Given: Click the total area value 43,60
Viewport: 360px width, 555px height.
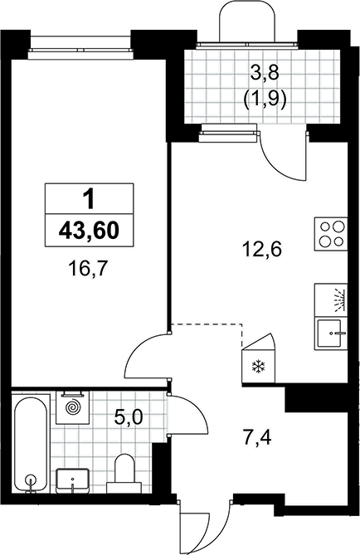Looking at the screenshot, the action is [89, 231].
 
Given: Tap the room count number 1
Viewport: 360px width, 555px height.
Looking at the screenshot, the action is [89, 199].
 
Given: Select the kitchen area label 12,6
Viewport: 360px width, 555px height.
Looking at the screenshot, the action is [261, 250].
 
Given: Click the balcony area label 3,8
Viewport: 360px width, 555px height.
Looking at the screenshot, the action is [265, 74].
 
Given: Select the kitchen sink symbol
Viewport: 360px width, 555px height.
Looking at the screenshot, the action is [331, 333].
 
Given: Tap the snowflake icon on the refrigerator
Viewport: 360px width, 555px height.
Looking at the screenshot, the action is [259, 367].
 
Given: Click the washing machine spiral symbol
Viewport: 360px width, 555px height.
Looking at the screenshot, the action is [72, 407].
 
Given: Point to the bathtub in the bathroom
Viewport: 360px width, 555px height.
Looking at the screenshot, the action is [31, 445].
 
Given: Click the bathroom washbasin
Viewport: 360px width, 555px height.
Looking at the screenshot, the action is [72, 480].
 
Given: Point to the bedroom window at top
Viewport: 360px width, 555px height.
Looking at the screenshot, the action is [81, 46].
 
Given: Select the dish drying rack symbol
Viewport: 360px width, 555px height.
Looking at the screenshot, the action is [331, 299].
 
